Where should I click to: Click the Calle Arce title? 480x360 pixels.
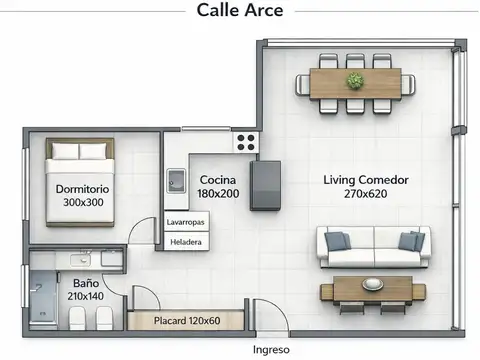click(240, 10)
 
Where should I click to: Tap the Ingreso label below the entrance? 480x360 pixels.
click(271, 350)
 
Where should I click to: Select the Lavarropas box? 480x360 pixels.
click(187, 221)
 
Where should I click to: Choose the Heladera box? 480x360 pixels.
click(187, 242)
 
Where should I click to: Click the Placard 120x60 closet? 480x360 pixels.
click(186, 320)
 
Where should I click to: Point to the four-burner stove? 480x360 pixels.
click(246, 142)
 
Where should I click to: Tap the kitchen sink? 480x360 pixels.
click(176, 181)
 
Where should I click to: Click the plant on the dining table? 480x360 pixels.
click(355, 81)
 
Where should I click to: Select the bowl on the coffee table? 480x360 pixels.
click(373, 284)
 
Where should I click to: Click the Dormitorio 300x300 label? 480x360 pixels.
click(83, 196)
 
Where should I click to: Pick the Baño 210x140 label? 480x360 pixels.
click(86, 290)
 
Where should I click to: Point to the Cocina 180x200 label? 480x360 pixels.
click(218, 187)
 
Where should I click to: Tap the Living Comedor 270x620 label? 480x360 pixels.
click(366, 187)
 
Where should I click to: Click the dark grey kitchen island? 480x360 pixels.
click(265, 186)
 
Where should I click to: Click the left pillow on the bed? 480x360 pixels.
click(65, 151)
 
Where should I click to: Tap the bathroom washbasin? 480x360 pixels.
click(81, 259)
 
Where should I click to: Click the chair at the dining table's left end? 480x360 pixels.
click(303, 85)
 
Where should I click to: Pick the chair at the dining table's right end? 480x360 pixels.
click(408, 85)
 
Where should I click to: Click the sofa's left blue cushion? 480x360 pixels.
click(337, 241)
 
